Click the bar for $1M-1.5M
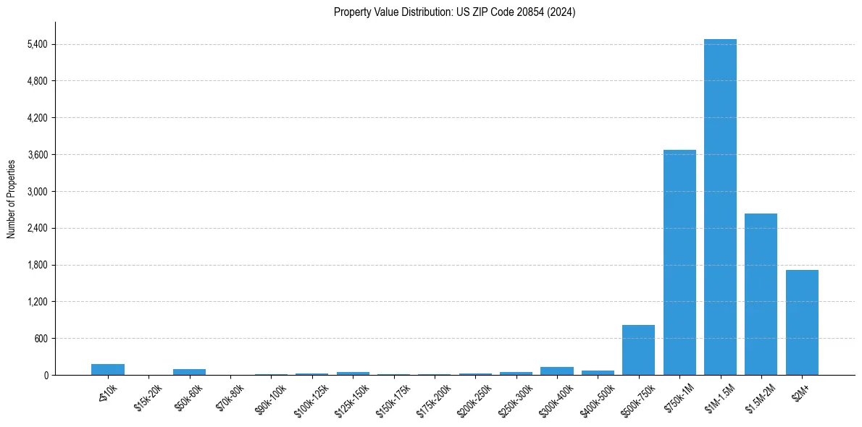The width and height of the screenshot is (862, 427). tap(720, 207)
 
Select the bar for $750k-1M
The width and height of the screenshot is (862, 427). tap(679, 262)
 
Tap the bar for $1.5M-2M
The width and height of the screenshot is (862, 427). tap(761, 294)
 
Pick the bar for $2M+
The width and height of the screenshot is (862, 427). tap(802, 322)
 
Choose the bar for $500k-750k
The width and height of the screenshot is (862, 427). tap(638, 350)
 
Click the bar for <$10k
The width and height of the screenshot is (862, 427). tap(108, 369)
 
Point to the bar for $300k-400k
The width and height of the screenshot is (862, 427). tap(556, 371)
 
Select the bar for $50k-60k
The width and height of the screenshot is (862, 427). tap(189, 372)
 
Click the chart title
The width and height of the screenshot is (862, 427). tap(454, 12)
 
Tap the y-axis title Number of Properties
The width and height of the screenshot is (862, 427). tap(12, 198)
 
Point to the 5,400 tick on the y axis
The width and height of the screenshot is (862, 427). tap(37, 44)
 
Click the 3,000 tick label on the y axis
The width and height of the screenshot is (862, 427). tap(37, 192)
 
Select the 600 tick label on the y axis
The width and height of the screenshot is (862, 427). tap(41, 339)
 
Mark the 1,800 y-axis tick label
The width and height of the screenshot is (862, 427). tap(37, 265)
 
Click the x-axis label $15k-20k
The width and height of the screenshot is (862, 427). tap(148, 397)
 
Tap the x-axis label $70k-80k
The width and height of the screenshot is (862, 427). tap(230, 397)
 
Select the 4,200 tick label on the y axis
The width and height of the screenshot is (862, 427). tap(37, 118)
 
